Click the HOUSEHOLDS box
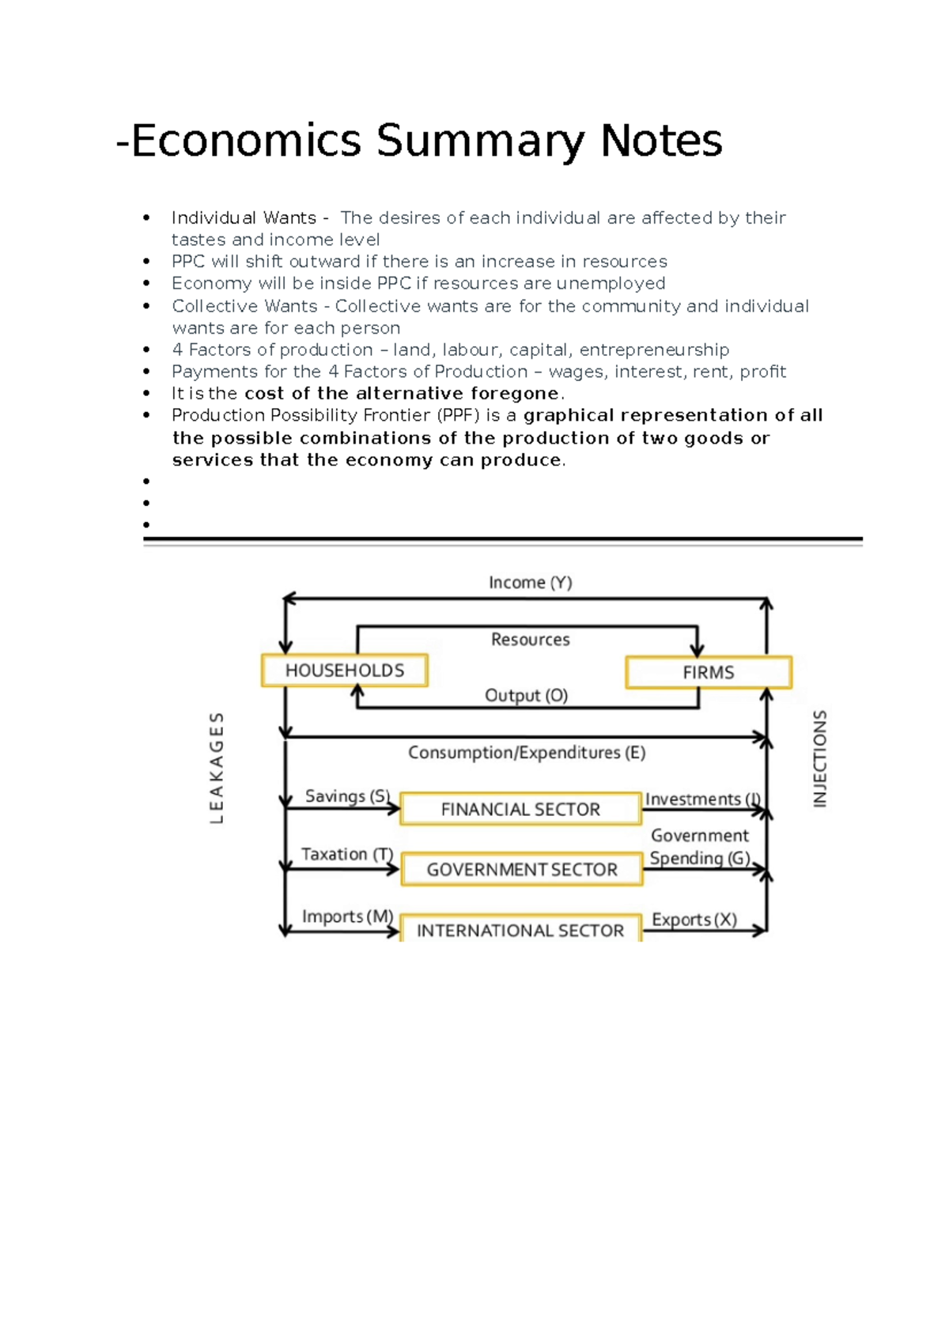coord(344,670)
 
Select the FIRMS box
coord(708,672)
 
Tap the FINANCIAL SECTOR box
coord(520,809)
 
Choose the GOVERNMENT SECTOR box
coord(522,869)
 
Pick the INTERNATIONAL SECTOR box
coord(520,930)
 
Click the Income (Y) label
coord(530,583)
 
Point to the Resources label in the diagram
coord(530,639)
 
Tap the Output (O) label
coord(526,695)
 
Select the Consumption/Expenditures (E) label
coord(527,753)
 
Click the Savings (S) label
coord(347,796)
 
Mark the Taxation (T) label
coord(346,854)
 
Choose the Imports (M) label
coord(347,916)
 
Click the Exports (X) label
coord(694,920)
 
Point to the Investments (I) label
coord(702,799)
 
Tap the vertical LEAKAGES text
coord(217,768)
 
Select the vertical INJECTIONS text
coord(820,758)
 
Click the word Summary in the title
coord(481,141)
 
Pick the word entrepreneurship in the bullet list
coord(654,349)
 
